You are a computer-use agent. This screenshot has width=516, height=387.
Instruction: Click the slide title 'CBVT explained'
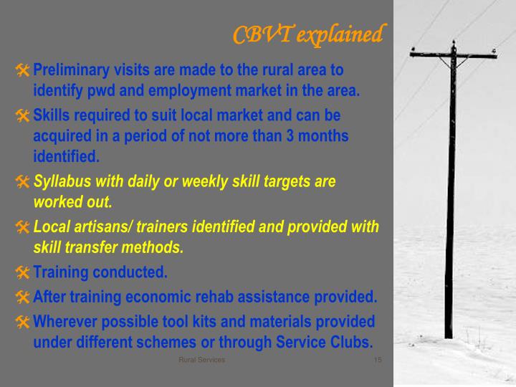point(309,34)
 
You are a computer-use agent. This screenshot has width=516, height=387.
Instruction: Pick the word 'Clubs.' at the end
point(354,342)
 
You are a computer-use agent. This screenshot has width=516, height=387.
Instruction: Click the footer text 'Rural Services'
point(201,360)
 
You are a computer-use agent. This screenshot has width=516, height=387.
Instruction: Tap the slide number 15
point(378,360)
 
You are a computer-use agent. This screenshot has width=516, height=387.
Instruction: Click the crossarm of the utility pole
point(453,54)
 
